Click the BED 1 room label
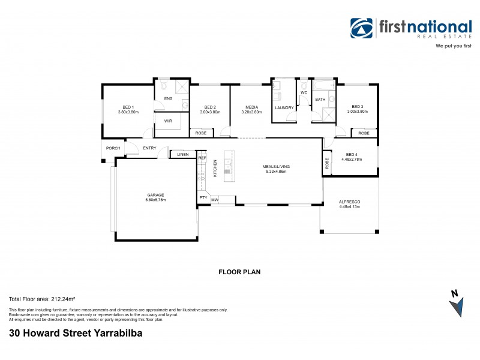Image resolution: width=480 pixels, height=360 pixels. (x=128, y=107)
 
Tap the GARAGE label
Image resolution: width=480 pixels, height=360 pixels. (x=156, y=194)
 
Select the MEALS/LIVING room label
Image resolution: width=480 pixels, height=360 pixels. (x=273, y=166)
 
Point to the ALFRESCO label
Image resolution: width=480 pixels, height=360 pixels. (x=349, y=202)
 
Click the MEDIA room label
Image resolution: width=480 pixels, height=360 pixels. (x=251, y=107)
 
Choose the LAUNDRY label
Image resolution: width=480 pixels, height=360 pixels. (x=284, y=107)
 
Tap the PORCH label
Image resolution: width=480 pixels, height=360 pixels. (x=113, y=148)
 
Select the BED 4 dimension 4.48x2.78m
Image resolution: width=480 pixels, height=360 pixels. (x=353, y=160)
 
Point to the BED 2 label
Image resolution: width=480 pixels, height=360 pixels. (x=210, y=107)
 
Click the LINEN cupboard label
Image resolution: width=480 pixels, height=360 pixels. (x=182, y=155)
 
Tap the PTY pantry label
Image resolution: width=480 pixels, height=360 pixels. (x=203, y=197)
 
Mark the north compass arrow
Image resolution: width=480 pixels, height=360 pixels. (x=457, y=304)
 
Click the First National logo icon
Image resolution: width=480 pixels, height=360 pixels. (x=362, y=28)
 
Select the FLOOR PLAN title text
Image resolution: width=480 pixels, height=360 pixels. (x=239, y=272)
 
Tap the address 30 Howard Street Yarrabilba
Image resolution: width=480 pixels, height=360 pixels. (x=76, y=331)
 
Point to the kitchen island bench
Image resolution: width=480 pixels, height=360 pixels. (x=227, y=166)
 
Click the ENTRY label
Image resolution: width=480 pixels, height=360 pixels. (x=149, y=148)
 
